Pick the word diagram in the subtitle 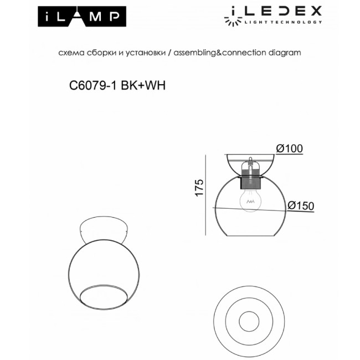[x=285, y=53]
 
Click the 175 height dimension [x=200, y=187]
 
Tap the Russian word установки [x=146, y=53]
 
